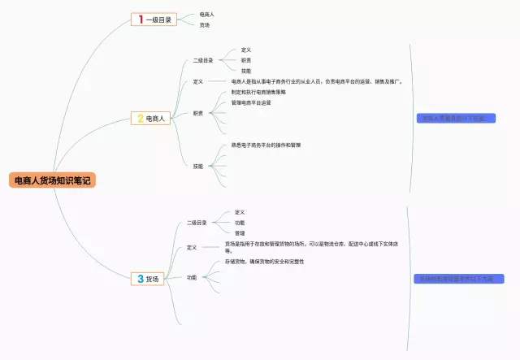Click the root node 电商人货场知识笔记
[x=53, y=180]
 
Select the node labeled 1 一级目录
[x=154, y=20]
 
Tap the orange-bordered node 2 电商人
[x=153, y=119]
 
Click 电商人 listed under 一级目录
[x=207, y=14]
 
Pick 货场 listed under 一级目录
[x=205, y=25]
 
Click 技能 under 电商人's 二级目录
[x=245, y=71]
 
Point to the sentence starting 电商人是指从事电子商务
[x=317, y=81]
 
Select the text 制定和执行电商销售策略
[x=258, y=93]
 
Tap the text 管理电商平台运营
[x=251, y=103]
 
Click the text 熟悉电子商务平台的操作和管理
[x=266, y=145]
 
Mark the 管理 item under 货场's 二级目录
[x=240, y=233]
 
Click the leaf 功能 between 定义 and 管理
[x=240, y=223]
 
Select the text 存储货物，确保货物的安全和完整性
[x=264, y=262]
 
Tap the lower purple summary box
[x=458, y=279]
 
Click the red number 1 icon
[x=141, y=20]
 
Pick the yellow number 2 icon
[x=141, y=119]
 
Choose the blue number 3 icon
[x=141, y=279]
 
